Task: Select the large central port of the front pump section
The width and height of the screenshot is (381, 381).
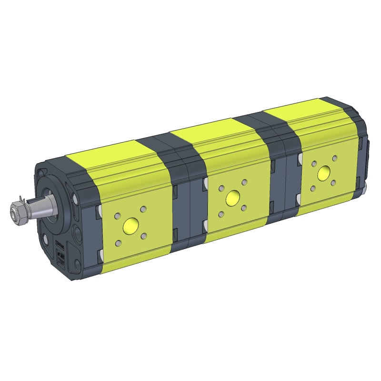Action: [130, 224]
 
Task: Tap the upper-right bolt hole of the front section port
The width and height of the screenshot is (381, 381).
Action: [142, 209]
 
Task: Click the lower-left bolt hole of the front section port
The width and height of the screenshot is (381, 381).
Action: [118, 243]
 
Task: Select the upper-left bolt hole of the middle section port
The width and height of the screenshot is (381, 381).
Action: [221, 189]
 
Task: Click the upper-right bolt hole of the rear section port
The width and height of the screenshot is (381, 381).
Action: [335, 158]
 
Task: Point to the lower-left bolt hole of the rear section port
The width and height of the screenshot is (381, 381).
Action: [313, 189]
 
